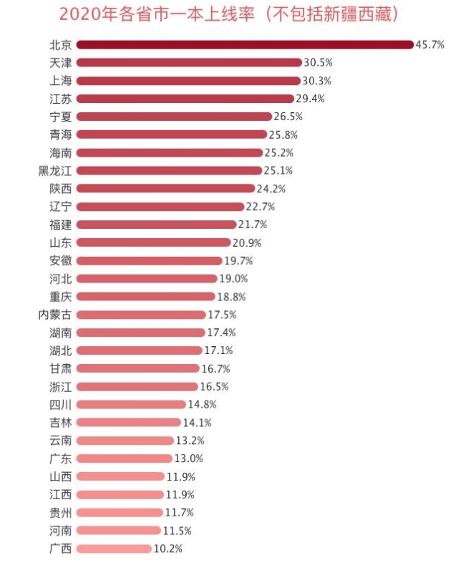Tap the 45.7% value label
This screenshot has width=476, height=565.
point(430,44)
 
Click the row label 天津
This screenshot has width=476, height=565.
point(60,62)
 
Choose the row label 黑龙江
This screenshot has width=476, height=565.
point(55,170)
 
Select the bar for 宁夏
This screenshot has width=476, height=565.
point(174,116)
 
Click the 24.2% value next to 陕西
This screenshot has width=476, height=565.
point(271,188)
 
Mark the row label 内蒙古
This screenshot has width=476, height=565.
point(55,314)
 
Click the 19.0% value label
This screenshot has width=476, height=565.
point(233,278)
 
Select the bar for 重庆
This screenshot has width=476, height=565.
point(145,296)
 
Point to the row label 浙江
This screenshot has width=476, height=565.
point(60,386)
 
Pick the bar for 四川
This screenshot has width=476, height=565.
point(131,404)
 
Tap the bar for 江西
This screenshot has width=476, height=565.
point(120,494)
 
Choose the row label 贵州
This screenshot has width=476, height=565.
point(60,512)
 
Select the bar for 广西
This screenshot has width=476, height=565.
point(114,549)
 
